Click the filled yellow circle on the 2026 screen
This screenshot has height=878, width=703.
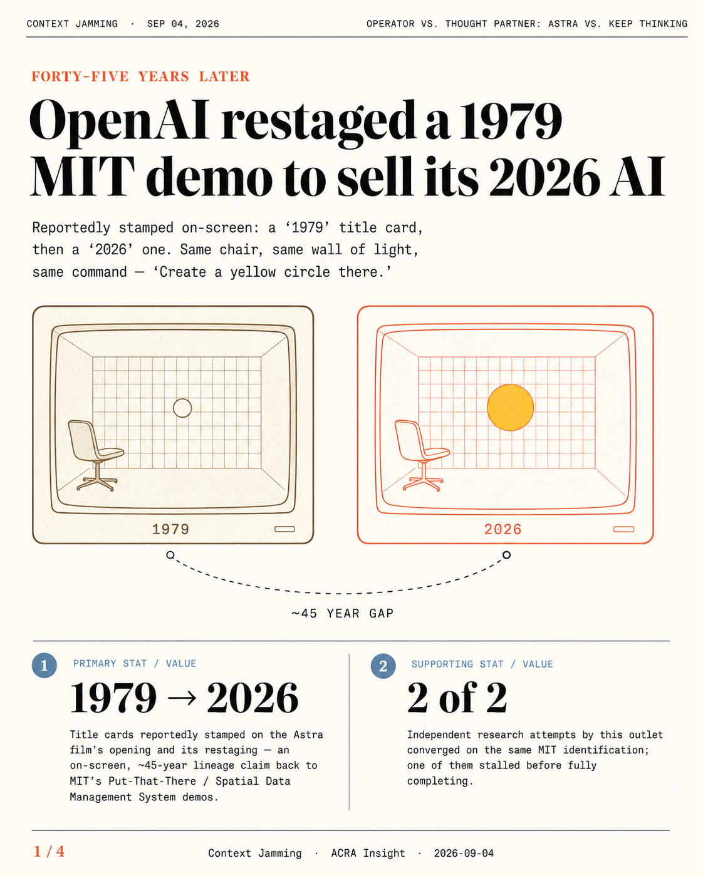point(510,407)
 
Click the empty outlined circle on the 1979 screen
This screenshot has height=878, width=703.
point(182,408)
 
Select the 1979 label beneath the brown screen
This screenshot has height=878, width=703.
point(170,529)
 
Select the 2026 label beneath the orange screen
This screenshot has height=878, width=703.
point(503,529)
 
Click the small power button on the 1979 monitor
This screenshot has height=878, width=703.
point(284,529)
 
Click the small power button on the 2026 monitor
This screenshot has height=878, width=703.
point(623,529)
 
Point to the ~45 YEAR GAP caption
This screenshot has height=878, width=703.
point(343,613)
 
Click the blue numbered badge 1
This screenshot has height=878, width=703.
point(44,666)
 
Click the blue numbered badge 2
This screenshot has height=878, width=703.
point(383,666)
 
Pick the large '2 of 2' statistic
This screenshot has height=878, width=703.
point(457,698)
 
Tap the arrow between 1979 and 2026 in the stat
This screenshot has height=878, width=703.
point(181,698)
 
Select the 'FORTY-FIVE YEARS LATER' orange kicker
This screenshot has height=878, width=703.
point(140,76)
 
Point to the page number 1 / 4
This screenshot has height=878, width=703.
point(49,851)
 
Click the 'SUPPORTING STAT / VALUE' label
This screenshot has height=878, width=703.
point(482,664)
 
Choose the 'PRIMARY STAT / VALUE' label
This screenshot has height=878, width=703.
point(135,664)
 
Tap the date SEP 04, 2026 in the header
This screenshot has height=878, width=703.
point(183,24)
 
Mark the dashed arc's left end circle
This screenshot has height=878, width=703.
point(170,555)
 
